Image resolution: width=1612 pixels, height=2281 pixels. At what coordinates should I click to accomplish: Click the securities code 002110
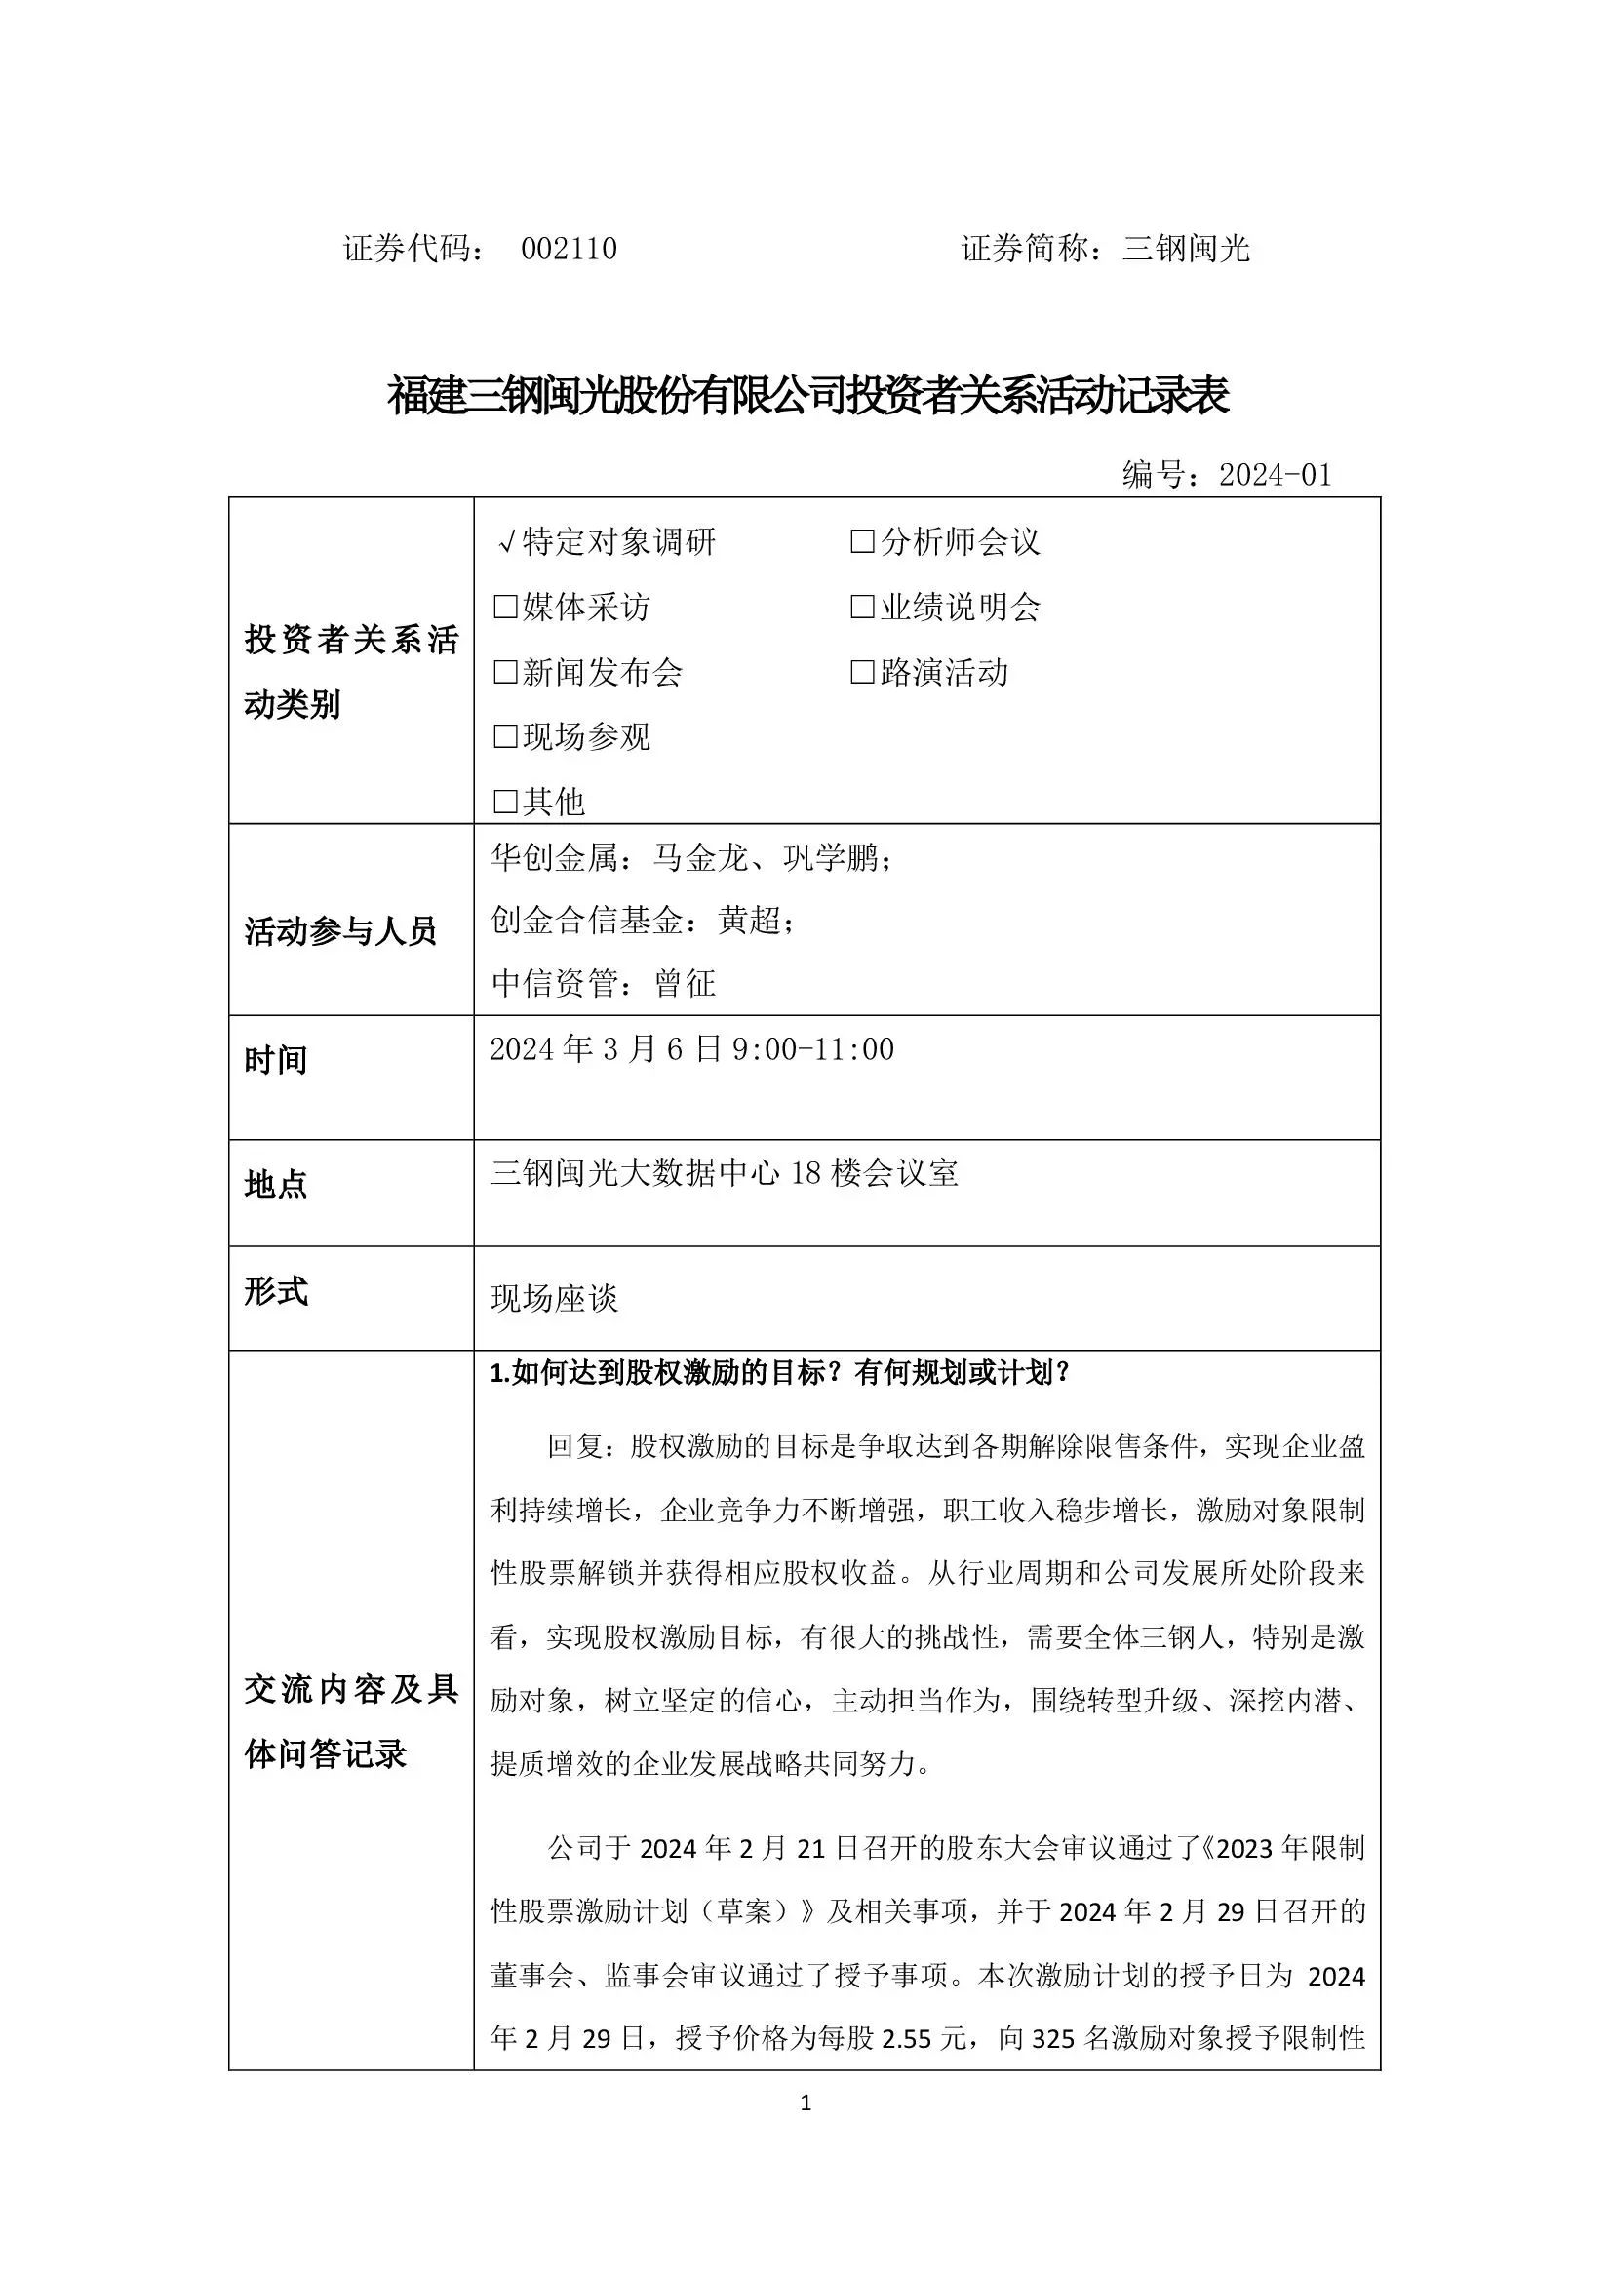(570, 249)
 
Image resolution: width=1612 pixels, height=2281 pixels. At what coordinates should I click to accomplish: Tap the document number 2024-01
(1276, 475)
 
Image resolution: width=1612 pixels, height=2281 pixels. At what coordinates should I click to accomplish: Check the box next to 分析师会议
(862, 542)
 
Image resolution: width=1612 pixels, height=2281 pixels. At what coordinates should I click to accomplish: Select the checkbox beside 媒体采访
(505, 607)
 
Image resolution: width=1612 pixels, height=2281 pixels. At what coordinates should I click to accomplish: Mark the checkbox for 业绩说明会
(862, 607)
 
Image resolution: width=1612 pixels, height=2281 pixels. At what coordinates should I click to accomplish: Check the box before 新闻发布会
(505, 673)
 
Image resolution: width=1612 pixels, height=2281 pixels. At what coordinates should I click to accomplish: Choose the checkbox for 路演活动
(862, 673)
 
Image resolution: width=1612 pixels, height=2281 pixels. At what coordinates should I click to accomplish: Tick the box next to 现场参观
(505, 737)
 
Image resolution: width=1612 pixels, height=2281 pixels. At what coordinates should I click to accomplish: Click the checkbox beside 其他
(505, 802)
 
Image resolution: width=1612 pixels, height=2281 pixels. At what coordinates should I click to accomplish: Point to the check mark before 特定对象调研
(505, 542)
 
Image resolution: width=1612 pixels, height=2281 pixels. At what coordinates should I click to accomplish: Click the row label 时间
(275, 1060)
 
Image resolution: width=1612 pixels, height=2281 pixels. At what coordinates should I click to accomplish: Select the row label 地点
(275, 1184)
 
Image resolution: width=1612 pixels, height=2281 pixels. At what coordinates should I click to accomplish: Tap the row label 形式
(275, 1291)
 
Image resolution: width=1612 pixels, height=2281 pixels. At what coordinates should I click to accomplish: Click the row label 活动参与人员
(339, 932)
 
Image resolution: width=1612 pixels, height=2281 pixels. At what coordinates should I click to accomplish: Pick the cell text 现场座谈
(554, 1298)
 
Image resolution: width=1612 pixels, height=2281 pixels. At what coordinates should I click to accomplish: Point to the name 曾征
(686, 984)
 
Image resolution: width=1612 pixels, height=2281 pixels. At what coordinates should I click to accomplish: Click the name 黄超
(750, 920)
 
